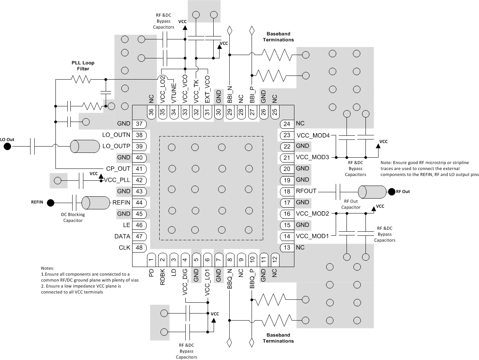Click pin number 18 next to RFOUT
click(287, 191)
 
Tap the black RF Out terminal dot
click(391, 192)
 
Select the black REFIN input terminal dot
click(51, 203)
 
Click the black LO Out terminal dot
click(7, 146)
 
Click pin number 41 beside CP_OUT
click(139, 169)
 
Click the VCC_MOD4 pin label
click(313, 135)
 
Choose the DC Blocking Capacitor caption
click(73, 218)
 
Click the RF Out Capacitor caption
click(351, 204)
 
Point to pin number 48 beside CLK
click(139, 248)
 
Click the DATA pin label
click(122, 237)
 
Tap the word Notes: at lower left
click(48, 268)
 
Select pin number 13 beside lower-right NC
click(287, 248)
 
